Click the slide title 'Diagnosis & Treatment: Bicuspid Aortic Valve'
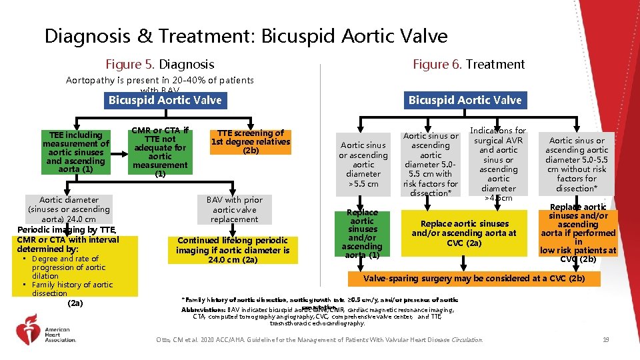(246, 35)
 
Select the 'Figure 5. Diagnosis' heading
(160, 65)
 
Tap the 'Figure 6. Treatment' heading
(469, 65)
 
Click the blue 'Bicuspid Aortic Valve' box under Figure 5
(165, 101)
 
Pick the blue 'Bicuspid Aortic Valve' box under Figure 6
(465, 101)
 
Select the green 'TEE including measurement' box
(75, 151)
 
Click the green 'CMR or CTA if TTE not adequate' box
(160, 151)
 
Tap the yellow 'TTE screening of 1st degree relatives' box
(251, 141)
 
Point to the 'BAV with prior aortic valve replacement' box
(234, 209)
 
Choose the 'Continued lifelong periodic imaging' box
(233, 250)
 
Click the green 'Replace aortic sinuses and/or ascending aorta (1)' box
(362, 233)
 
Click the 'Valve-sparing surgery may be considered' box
(474, 278)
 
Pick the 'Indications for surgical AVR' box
(498, 164)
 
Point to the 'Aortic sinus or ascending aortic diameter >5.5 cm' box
(363, 164)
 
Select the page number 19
(605, 340)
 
